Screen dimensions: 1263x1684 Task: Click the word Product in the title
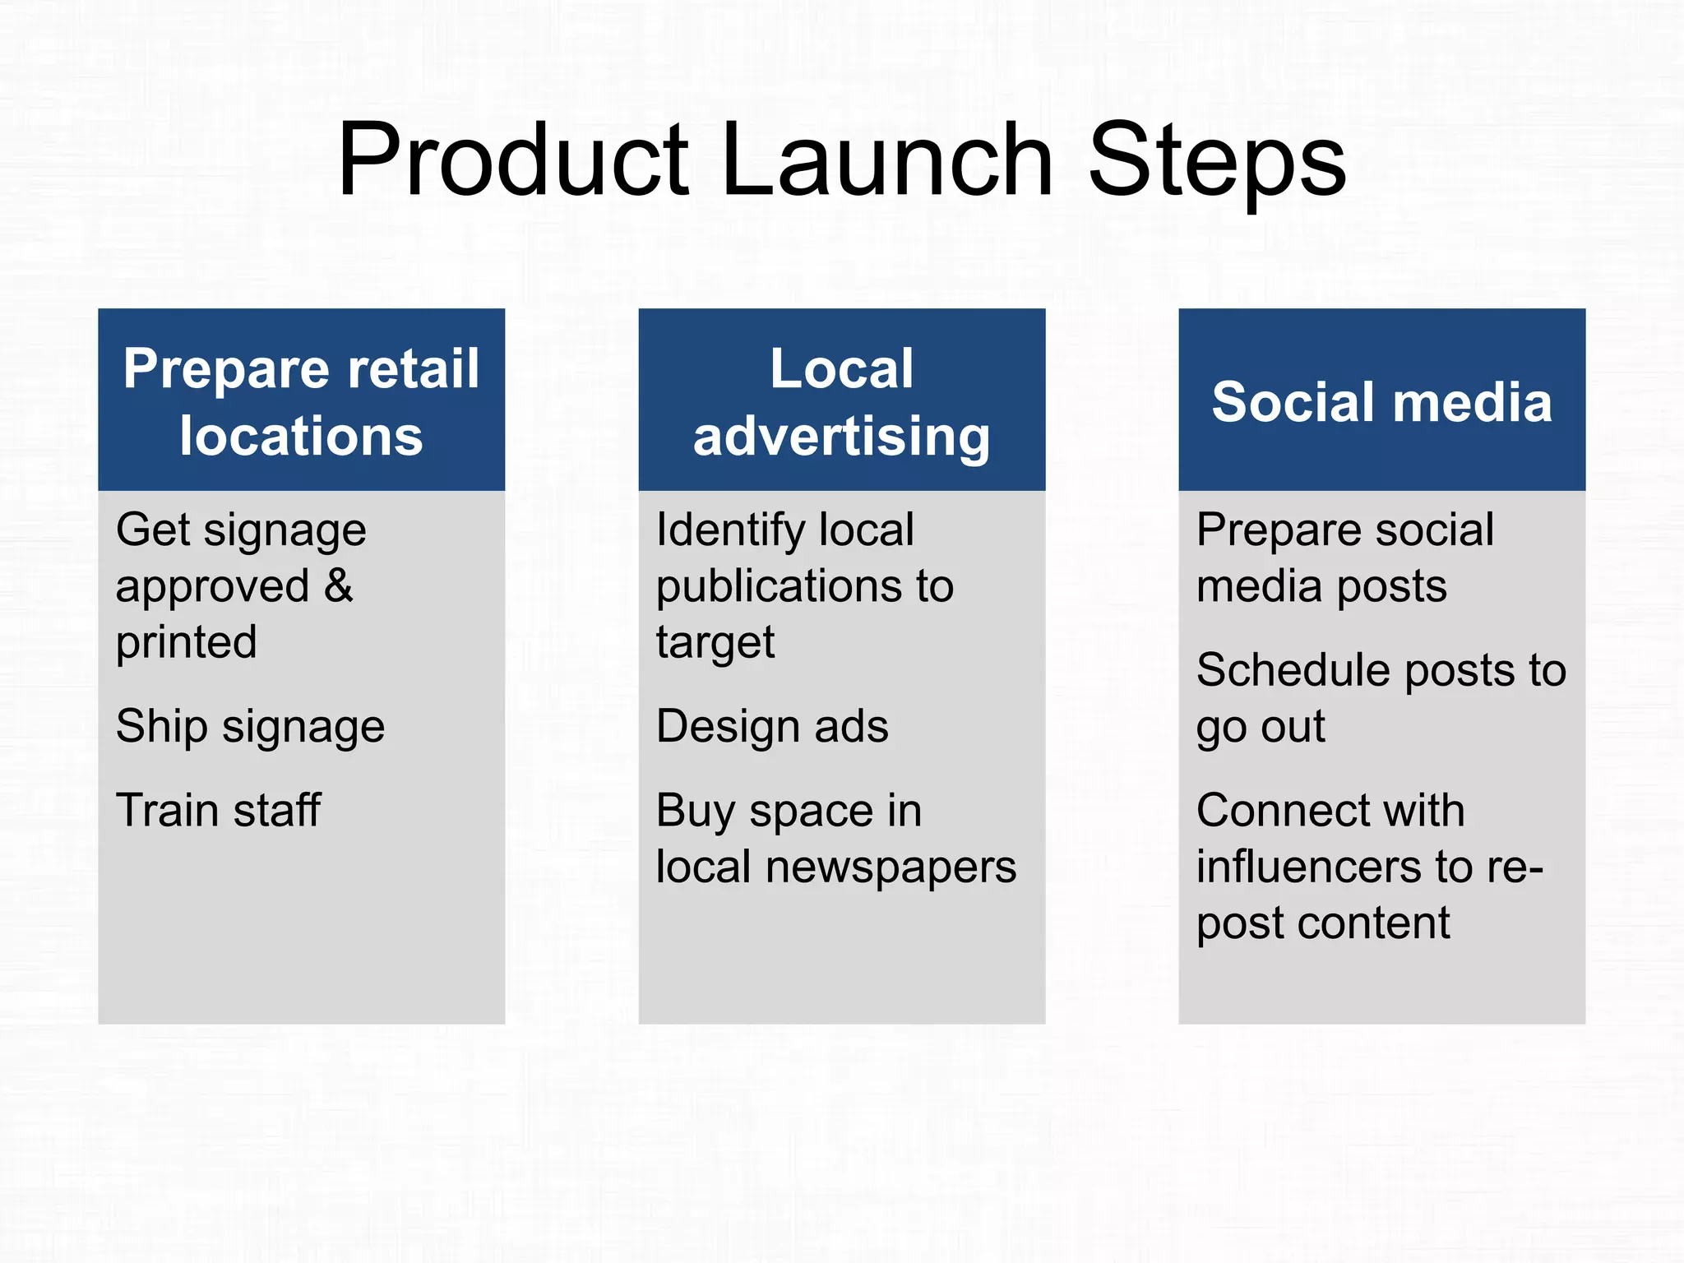(514, 160)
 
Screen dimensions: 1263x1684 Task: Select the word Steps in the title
(1217, 160)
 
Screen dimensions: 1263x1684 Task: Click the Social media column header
(1381, 402)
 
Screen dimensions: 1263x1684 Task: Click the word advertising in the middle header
(841, 436)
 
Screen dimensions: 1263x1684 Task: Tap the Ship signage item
(250, 727)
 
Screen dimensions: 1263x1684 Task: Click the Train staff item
(218, 811)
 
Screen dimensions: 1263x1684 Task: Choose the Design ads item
(772, 727)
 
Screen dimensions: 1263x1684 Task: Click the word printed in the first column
(187, 642)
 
